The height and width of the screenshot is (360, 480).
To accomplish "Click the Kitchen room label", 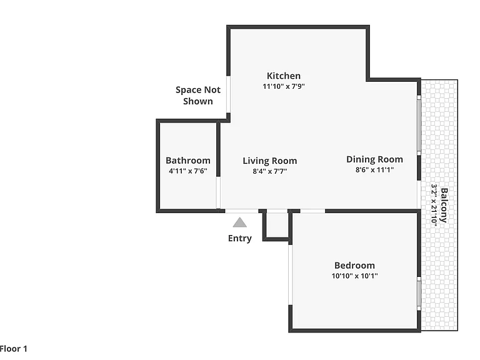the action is (x=284, y=76).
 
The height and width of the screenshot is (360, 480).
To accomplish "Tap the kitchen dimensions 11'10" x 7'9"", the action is (x=284, y=86).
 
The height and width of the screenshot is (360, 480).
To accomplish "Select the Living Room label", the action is (x=270, y=161).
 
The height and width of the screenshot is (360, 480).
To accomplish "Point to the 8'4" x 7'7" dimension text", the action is (x=270, y=171).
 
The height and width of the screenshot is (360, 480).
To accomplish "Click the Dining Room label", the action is (x=374, y=159).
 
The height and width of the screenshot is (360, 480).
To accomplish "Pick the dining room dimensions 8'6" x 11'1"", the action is (x=374, y=169).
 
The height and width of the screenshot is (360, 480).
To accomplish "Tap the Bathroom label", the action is (x=188, y=161).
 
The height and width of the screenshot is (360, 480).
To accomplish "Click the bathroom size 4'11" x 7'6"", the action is (x=188, y=171).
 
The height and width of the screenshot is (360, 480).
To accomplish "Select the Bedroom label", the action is (x=354, y=265).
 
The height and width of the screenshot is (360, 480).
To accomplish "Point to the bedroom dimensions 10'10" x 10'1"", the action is (x=354, y=276).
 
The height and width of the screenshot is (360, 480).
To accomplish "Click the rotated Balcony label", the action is (x=444, y=205).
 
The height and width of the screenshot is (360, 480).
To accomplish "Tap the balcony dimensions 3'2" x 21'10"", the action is (x=434, y=204).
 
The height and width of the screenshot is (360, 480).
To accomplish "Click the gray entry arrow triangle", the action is (x=240, y=222).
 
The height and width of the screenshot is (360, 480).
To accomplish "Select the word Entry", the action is (x=240, y=238).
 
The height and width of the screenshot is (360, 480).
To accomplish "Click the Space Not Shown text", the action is (x=197, y=96).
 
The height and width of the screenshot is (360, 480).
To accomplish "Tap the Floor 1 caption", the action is (x=14, y=349).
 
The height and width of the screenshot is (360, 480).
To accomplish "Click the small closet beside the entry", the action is (x=276, y=225).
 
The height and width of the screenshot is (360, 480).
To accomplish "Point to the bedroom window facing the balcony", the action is (x=419, y=294).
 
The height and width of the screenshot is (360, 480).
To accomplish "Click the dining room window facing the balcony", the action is (x=419, y=126).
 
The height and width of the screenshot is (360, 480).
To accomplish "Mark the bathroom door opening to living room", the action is (x=218, y=192).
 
